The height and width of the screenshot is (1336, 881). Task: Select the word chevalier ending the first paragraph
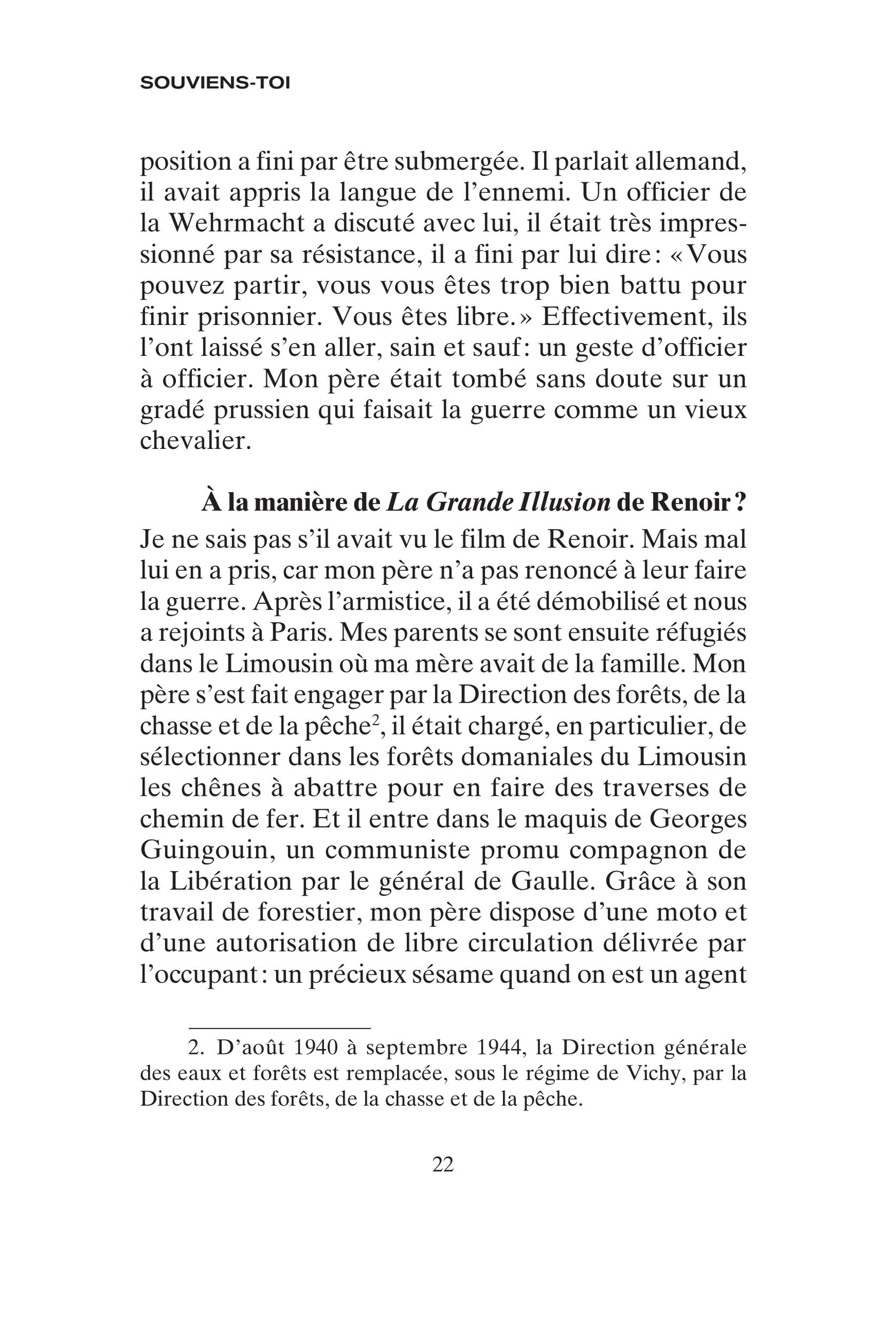(x=195, y=440)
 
